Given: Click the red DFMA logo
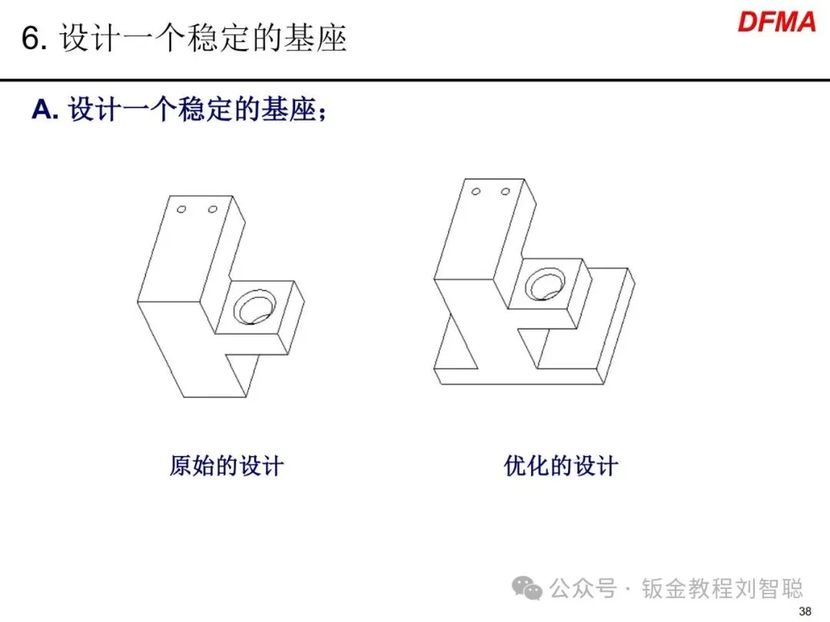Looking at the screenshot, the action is (x=776, y=22).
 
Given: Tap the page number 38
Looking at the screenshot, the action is (x=805, y=611).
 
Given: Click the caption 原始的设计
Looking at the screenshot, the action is (x=227, y=465).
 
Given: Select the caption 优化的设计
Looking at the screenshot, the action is (x=561, y=465).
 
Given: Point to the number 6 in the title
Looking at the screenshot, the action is (x=30, y=38).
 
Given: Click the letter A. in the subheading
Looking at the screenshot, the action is (x=45, y=110).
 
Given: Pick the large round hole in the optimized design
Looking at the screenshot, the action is (x=543, y=285).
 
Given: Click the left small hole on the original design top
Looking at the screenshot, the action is (x=182, y=209).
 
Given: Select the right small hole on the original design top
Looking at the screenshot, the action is (x=212, y=209).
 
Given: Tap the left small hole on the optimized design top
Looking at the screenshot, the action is (x=476, y=190).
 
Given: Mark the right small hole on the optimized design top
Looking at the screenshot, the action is (x=505, y=190).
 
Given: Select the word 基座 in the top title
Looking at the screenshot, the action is (x=319, y=38).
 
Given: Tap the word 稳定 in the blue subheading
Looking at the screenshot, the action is (x=204, y=110).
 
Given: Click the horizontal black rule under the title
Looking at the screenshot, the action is (x=415, y=80).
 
